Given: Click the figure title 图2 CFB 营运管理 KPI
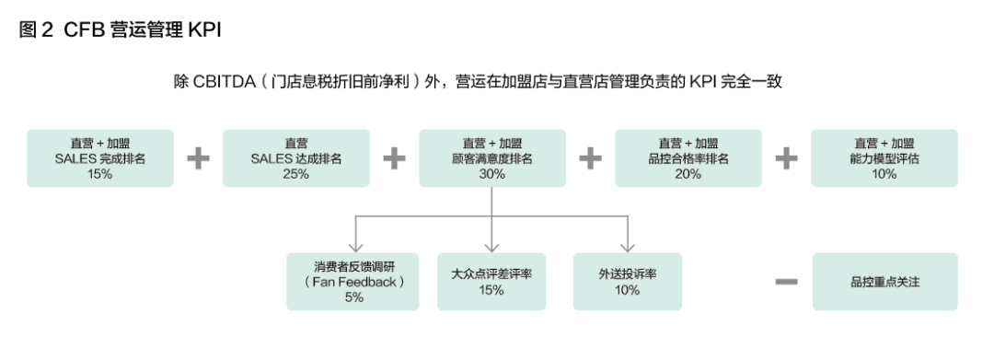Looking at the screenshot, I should point(120,29).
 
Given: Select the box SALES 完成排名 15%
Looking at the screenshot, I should point(100,158).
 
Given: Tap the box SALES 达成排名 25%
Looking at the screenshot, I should point(296,158).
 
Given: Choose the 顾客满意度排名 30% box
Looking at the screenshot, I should point(492,158).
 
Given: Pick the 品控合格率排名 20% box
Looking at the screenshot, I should point(688,158).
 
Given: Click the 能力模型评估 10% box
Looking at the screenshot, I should point(884,158).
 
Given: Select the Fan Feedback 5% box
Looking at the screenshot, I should point(353,282).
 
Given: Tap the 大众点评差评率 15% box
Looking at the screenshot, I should point(491,282).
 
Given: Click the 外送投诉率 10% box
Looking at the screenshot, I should point(628,282).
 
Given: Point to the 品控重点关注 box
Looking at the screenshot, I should point(884,282).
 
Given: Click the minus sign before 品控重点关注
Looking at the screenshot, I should point(785,282).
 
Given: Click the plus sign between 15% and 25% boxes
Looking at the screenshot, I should point(198,158).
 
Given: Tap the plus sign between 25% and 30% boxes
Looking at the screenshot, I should point(394,158).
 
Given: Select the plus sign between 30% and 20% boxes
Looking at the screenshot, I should point(590,158).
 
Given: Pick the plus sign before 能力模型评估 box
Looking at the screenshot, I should point(786,158).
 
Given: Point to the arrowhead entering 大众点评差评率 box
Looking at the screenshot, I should point(491,247).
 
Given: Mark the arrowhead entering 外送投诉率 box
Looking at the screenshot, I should point(628,247).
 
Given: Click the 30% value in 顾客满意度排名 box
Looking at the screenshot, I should point(492,174).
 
